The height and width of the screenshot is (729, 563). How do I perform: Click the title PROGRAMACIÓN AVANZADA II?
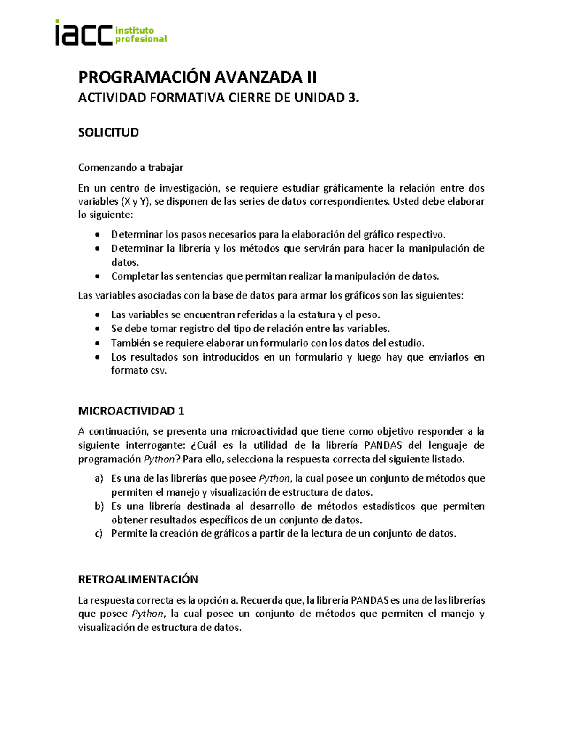[197, 77]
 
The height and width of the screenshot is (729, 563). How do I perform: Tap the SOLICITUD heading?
[108, 132]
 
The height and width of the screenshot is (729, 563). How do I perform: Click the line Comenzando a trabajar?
[130, 168]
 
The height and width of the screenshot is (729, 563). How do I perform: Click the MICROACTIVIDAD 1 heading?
[131, 411]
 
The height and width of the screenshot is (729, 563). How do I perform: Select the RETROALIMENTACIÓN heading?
[138, 579]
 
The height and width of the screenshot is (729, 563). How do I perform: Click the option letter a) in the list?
[99, 478]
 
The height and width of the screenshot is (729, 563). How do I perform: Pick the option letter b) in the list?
[99, 506]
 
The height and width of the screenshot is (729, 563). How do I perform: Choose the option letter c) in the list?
[99, 534]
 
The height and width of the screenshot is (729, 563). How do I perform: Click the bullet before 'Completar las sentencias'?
[97, 276]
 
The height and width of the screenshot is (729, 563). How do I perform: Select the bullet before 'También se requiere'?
[97, 343]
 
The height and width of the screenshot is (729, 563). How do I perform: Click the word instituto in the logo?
[135, 30]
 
